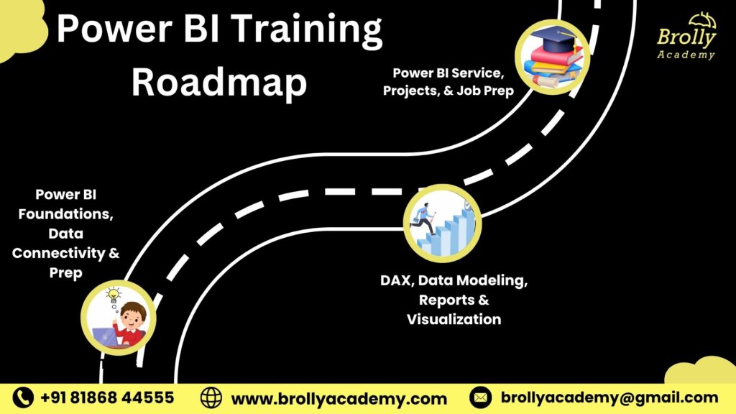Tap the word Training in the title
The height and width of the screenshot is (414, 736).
306,29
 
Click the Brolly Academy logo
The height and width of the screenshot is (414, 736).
686,37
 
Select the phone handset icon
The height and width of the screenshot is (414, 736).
23,397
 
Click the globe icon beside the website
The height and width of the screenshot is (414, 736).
211,397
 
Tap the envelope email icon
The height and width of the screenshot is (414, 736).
480,397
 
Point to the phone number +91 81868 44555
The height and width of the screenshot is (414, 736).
108,397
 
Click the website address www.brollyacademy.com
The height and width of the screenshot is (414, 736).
339,399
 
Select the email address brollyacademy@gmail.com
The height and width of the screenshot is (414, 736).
609,397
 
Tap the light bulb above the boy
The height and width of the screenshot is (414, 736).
113,295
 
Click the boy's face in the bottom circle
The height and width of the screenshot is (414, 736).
132,318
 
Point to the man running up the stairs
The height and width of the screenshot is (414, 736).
424,218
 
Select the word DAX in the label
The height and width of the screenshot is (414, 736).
397,280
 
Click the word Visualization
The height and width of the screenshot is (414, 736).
454,319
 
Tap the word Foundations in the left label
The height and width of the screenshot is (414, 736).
65,214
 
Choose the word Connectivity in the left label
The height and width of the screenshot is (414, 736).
59,254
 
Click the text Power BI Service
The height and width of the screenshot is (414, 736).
448,73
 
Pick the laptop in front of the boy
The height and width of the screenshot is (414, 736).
105,336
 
